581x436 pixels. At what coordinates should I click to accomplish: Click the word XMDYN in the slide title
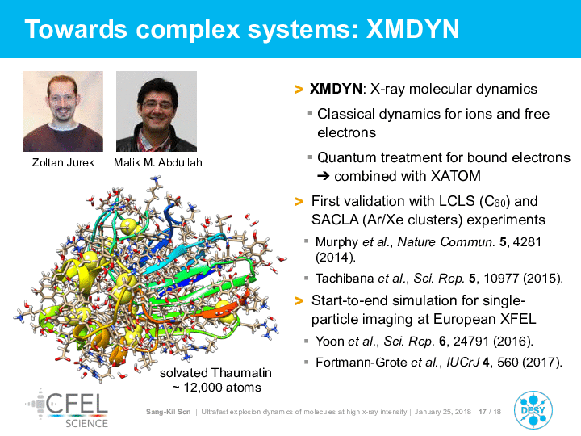coord(413,29)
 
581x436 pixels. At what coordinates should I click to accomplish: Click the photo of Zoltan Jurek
coord(63,111)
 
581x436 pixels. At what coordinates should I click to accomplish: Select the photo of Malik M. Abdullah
coord(157,111)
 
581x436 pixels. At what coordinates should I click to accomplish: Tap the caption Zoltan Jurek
coord(63,162)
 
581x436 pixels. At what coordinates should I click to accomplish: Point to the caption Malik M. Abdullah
coord(158,162)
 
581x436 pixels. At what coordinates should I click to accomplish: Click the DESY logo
coord(533,410)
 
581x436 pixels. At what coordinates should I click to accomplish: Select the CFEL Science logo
coord(67,409)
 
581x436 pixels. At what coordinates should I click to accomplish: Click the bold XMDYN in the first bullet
coord(336,89)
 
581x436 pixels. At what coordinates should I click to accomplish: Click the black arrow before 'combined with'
coord(324,176)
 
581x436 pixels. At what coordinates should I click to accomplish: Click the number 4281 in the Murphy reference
coord(527,241)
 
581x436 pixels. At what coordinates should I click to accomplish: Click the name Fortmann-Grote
coord(362,362)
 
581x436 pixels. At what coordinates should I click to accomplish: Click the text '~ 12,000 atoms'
coord(217,388)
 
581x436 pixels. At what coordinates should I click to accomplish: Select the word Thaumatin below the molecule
coord(241,372)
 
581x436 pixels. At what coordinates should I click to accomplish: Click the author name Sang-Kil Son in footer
coord(168,412)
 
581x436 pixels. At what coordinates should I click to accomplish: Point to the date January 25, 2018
coord(443,412)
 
